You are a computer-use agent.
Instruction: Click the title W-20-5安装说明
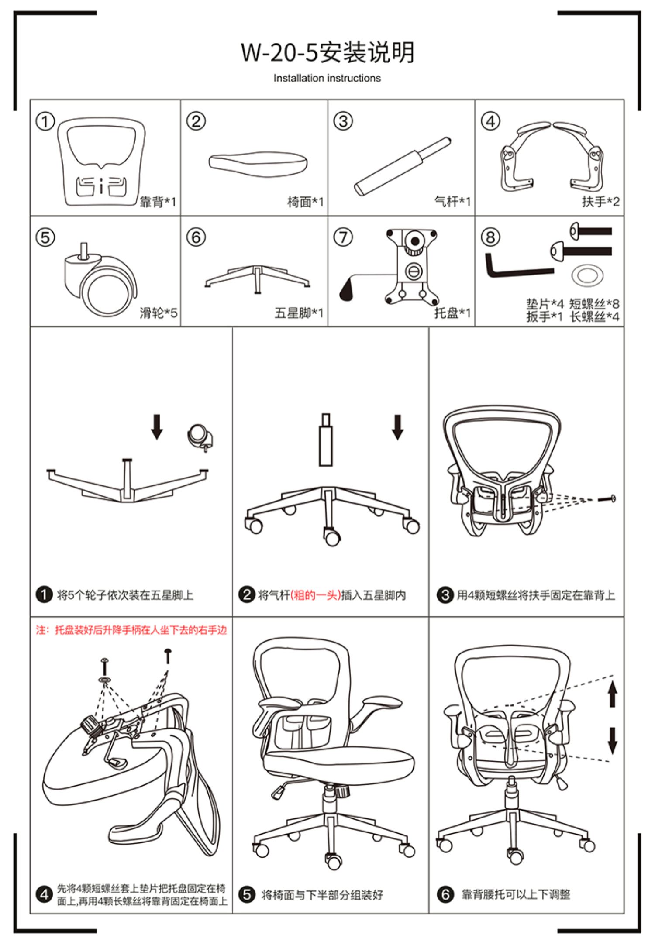(327, 52)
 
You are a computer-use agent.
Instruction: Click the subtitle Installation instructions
(327, 78)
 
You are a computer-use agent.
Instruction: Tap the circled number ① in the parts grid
(45, 121)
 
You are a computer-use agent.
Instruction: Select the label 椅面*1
(305, 202)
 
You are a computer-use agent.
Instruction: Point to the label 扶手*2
(600, 202)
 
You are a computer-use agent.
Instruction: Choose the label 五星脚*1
(299, 313)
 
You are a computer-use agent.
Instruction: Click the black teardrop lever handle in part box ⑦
(347, 290)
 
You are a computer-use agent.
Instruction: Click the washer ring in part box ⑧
(587, 275)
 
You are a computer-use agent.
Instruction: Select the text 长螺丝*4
(594, 316)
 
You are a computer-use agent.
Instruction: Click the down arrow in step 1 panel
(157, 426)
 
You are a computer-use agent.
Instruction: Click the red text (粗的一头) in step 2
(315, 595)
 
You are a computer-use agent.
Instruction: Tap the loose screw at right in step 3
(607, 498)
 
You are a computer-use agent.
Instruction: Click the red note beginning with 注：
(131, 630)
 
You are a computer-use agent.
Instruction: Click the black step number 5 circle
(247, 894)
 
